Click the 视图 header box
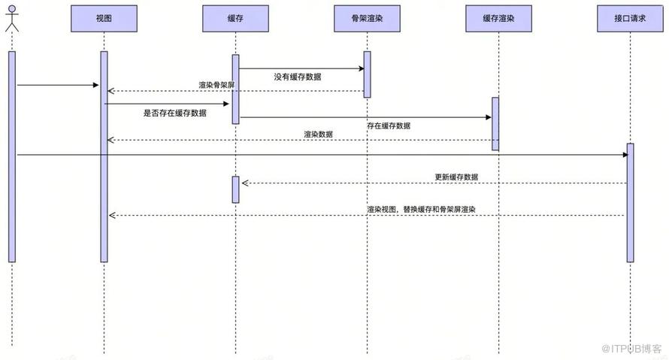coord(104,18)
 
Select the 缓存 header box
coord(235,18)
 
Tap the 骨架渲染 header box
coord(367,18)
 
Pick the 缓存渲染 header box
coord(498,18)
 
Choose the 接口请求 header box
coord(630,18)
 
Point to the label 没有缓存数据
coord(298,77)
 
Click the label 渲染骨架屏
coord(216,86)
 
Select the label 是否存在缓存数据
coord(174,113)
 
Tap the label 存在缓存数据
coord(389,126)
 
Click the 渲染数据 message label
coord(318,135)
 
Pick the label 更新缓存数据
coord(456,177)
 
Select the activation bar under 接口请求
coord(630,203)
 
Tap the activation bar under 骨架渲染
coord(367,74)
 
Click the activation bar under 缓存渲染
coord(495,124)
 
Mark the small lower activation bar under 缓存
coord(235,189)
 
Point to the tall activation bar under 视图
coord(104,156)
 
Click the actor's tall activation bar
coord(11,156)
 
